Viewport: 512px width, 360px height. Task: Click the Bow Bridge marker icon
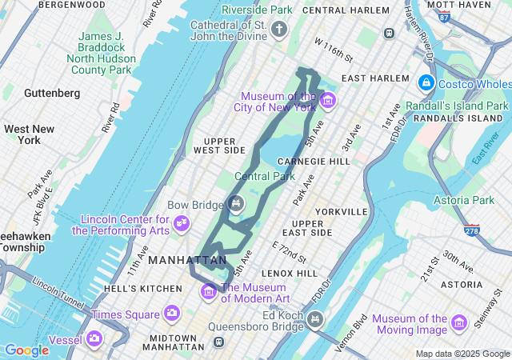click(x=236, y=204)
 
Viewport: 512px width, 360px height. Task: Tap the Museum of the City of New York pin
click(x=327, y=102)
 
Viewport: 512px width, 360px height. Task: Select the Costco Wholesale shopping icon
click(x=426, y=83)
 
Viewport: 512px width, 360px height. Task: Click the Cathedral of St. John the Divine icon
click(x=278, y=30)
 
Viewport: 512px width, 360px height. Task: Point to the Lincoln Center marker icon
click(x=182, y=222)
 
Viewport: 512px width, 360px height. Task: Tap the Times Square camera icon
click(x=171, y=313)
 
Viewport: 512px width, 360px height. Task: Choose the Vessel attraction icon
click(x=95, y=339)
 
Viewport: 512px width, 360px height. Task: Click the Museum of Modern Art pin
click(x=209, y=290)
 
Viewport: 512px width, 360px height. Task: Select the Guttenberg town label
click(x=52, y=93)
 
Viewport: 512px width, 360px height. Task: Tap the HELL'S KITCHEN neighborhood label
click(x=149, y=288)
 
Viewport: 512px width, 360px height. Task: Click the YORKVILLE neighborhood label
click(x=342, y=212)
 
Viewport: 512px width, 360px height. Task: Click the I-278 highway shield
click(x=474, y=230)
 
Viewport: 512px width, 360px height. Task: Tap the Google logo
click(x=26, y=350)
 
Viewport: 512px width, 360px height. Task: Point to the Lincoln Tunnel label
click(x=59, y=294)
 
